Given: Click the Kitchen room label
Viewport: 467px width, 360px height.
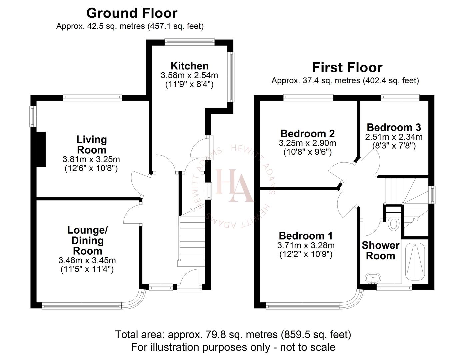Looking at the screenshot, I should click(189, 66).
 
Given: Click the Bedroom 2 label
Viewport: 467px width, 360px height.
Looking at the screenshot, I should click(307, 134).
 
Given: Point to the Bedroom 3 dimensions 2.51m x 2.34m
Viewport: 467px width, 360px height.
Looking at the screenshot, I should click(394, 137).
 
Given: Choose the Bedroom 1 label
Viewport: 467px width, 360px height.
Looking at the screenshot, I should click(306, 236).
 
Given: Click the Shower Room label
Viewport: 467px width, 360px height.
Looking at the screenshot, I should click(380, 251).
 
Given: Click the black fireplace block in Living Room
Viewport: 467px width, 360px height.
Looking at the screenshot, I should click(41, 149).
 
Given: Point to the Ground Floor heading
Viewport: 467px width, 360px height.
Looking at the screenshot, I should click(132, 13).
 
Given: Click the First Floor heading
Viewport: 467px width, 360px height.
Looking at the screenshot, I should click(347, 68).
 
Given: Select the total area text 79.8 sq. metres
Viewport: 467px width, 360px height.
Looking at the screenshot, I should click(233, 334).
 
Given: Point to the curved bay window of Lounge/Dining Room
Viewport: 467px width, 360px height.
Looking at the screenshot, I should click(135, 300).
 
